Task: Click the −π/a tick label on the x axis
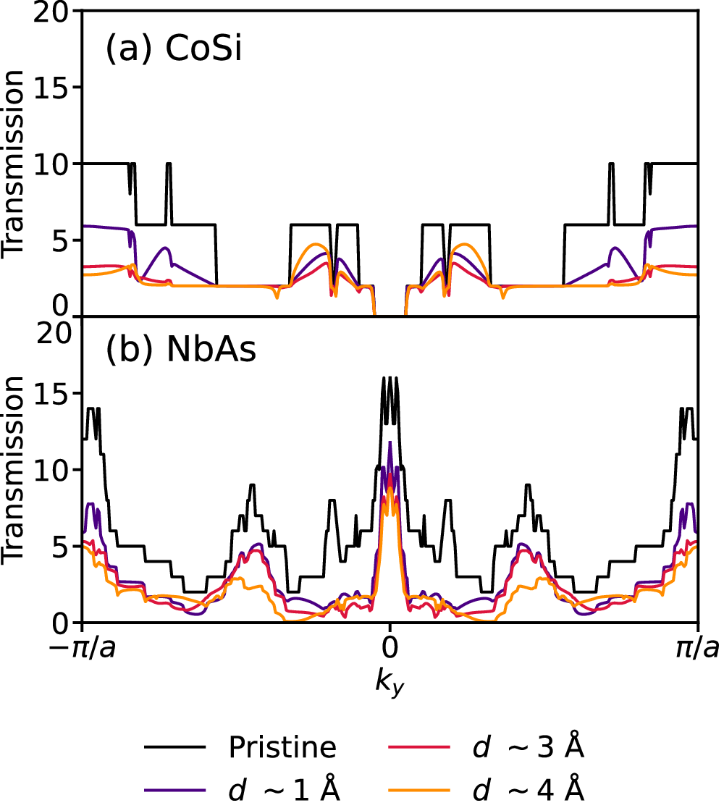pos(83,649)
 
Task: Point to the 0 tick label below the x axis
pos(390,649)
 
